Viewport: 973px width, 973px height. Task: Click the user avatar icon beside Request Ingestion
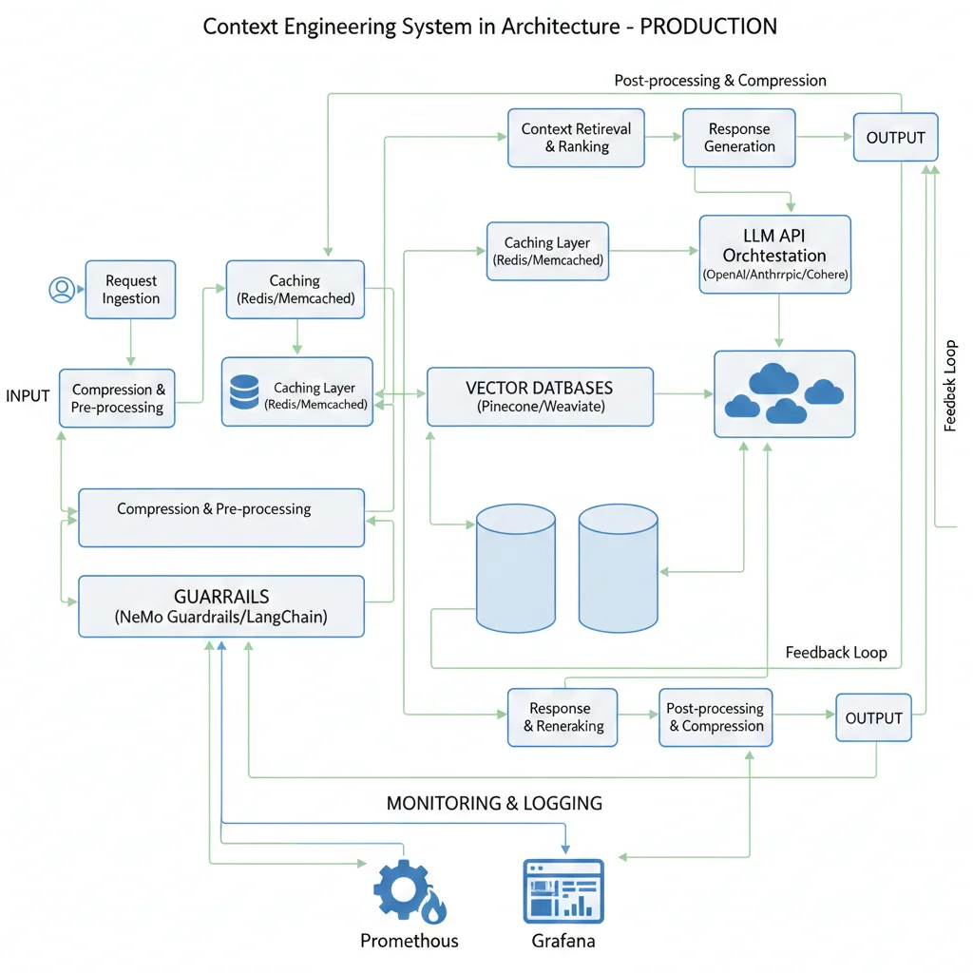click(x=62, y=290)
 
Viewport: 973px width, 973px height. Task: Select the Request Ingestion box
click(x=131, y=290)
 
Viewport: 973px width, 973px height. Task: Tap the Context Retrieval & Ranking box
click(x=576, y=138)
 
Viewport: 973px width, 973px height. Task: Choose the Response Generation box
click(x=739, y=138)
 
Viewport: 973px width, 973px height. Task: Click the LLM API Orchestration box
click(x=774, y=255)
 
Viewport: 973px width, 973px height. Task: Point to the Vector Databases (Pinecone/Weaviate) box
click(x=540, y=396)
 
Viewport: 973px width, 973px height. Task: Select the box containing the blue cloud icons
click(x=784, y=394)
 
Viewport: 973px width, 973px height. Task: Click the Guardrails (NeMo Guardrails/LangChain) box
click(x=221, y=606)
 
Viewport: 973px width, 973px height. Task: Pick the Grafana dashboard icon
click(x=563, y=891)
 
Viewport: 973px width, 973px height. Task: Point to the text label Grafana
click(x=563, y=941)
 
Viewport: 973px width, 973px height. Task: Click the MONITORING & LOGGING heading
click(x=494, y=803)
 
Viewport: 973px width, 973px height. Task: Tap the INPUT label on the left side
click(x=28, y=395)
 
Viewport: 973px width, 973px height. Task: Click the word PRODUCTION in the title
click(x=709, y=26)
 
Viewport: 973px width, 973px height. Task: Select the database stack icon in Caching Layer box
click(x=244, y=392)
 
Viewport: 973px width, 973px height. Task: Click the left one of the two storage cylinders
click(x=515, y=568)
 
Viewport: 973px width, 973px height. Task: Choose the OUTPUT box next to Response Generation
click(x=895, y=138)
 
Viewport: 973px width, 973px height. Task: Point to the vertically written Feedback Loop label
click(x=950, y=386)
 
